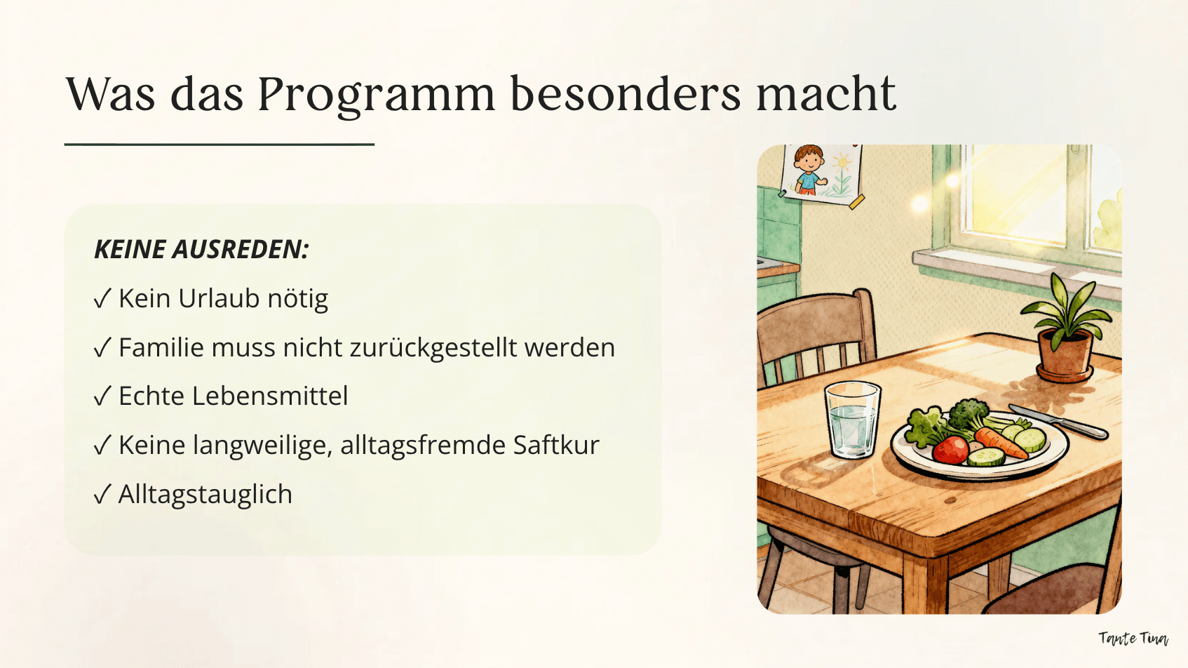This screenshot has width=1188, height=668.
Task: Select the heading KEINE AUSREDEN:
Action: (x=201, y=249)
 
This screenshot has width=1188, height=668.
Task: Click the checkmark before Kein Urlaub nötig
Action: (x=102, y=299)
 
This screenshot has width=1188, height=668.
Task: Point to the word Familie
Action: (x=161, y=347)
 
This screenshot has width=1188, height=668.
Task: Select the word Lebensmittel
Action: (x=269, y=396)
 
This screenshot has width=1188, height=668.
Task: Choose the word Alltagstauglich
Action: (x=205, y=495)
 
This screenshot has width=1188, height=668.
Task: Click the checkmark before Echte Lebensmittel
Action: (x=102, y=396)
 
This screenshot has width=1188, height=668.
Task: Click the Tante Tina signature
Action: (x=1133, y=638)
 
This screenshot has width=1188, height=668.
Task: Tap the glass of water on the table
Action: (x=852, y=419)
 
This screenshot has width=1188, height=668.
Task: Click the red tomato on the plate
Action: (x=950, y=449)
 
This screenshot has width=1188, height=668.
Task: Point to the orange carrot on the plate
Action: (x=1000, y=443)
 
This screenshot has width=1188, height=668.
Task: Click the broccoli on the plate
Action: (x=968, y=414)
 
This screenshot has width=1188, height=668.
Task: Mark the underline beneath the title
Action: (x=219, y=144)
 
